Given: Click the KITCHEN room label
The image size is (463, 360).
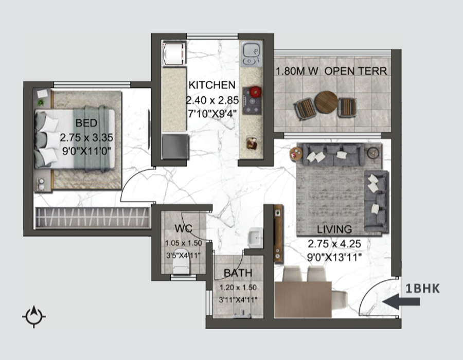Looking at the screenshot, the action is pos(212,85).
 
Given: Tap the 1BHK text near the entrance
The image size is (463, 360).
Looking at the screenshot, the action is pos(422,289).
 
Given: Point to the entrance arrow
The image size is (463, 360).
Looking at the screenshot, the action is pos(401,301).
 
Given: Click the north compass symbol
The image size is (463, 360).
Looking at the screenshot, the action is pos(34,316).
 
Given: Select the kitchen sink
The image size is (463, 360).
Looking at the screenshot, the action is pos(251,53).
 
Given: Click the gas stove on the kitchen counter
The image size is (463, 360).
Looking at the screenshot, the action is pos(252,101).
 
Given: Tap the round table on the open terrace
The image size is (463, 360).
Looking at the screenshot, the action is pos(326,102).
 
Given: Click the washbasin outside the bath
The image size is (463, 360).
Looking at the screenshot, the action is pos(255,238).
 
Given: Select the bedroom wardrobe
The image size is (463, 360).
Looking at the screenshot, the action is pos(93,218).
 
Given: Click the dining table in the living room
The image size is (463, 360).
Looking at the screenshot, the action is pos(303,299).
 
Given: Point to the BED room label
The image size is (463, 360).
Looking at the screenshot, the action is pos(86,123).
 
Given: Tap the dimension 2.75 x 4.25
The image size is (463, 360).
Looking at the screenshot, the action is pos(334,244).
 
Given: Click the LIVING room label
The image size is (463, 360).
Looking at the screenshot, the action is pos(334,229).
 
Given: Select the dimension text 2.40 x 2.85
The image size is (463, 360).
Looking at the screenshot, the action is pos(212,100).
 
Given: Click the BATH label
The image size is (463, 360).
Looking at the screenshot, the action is pos(238,273).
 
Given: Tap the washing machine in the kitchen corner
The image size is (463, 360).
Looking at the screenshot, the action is pos(174,53).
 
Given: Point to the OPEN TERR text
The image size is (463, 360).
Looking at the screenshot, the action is pos(356,71).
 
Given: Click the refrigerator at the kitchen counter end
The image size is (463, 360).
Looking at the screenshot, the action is pos(175,147).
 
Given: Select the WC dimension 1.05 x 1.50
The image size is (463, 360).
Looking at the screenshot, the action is pos(183,243).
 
